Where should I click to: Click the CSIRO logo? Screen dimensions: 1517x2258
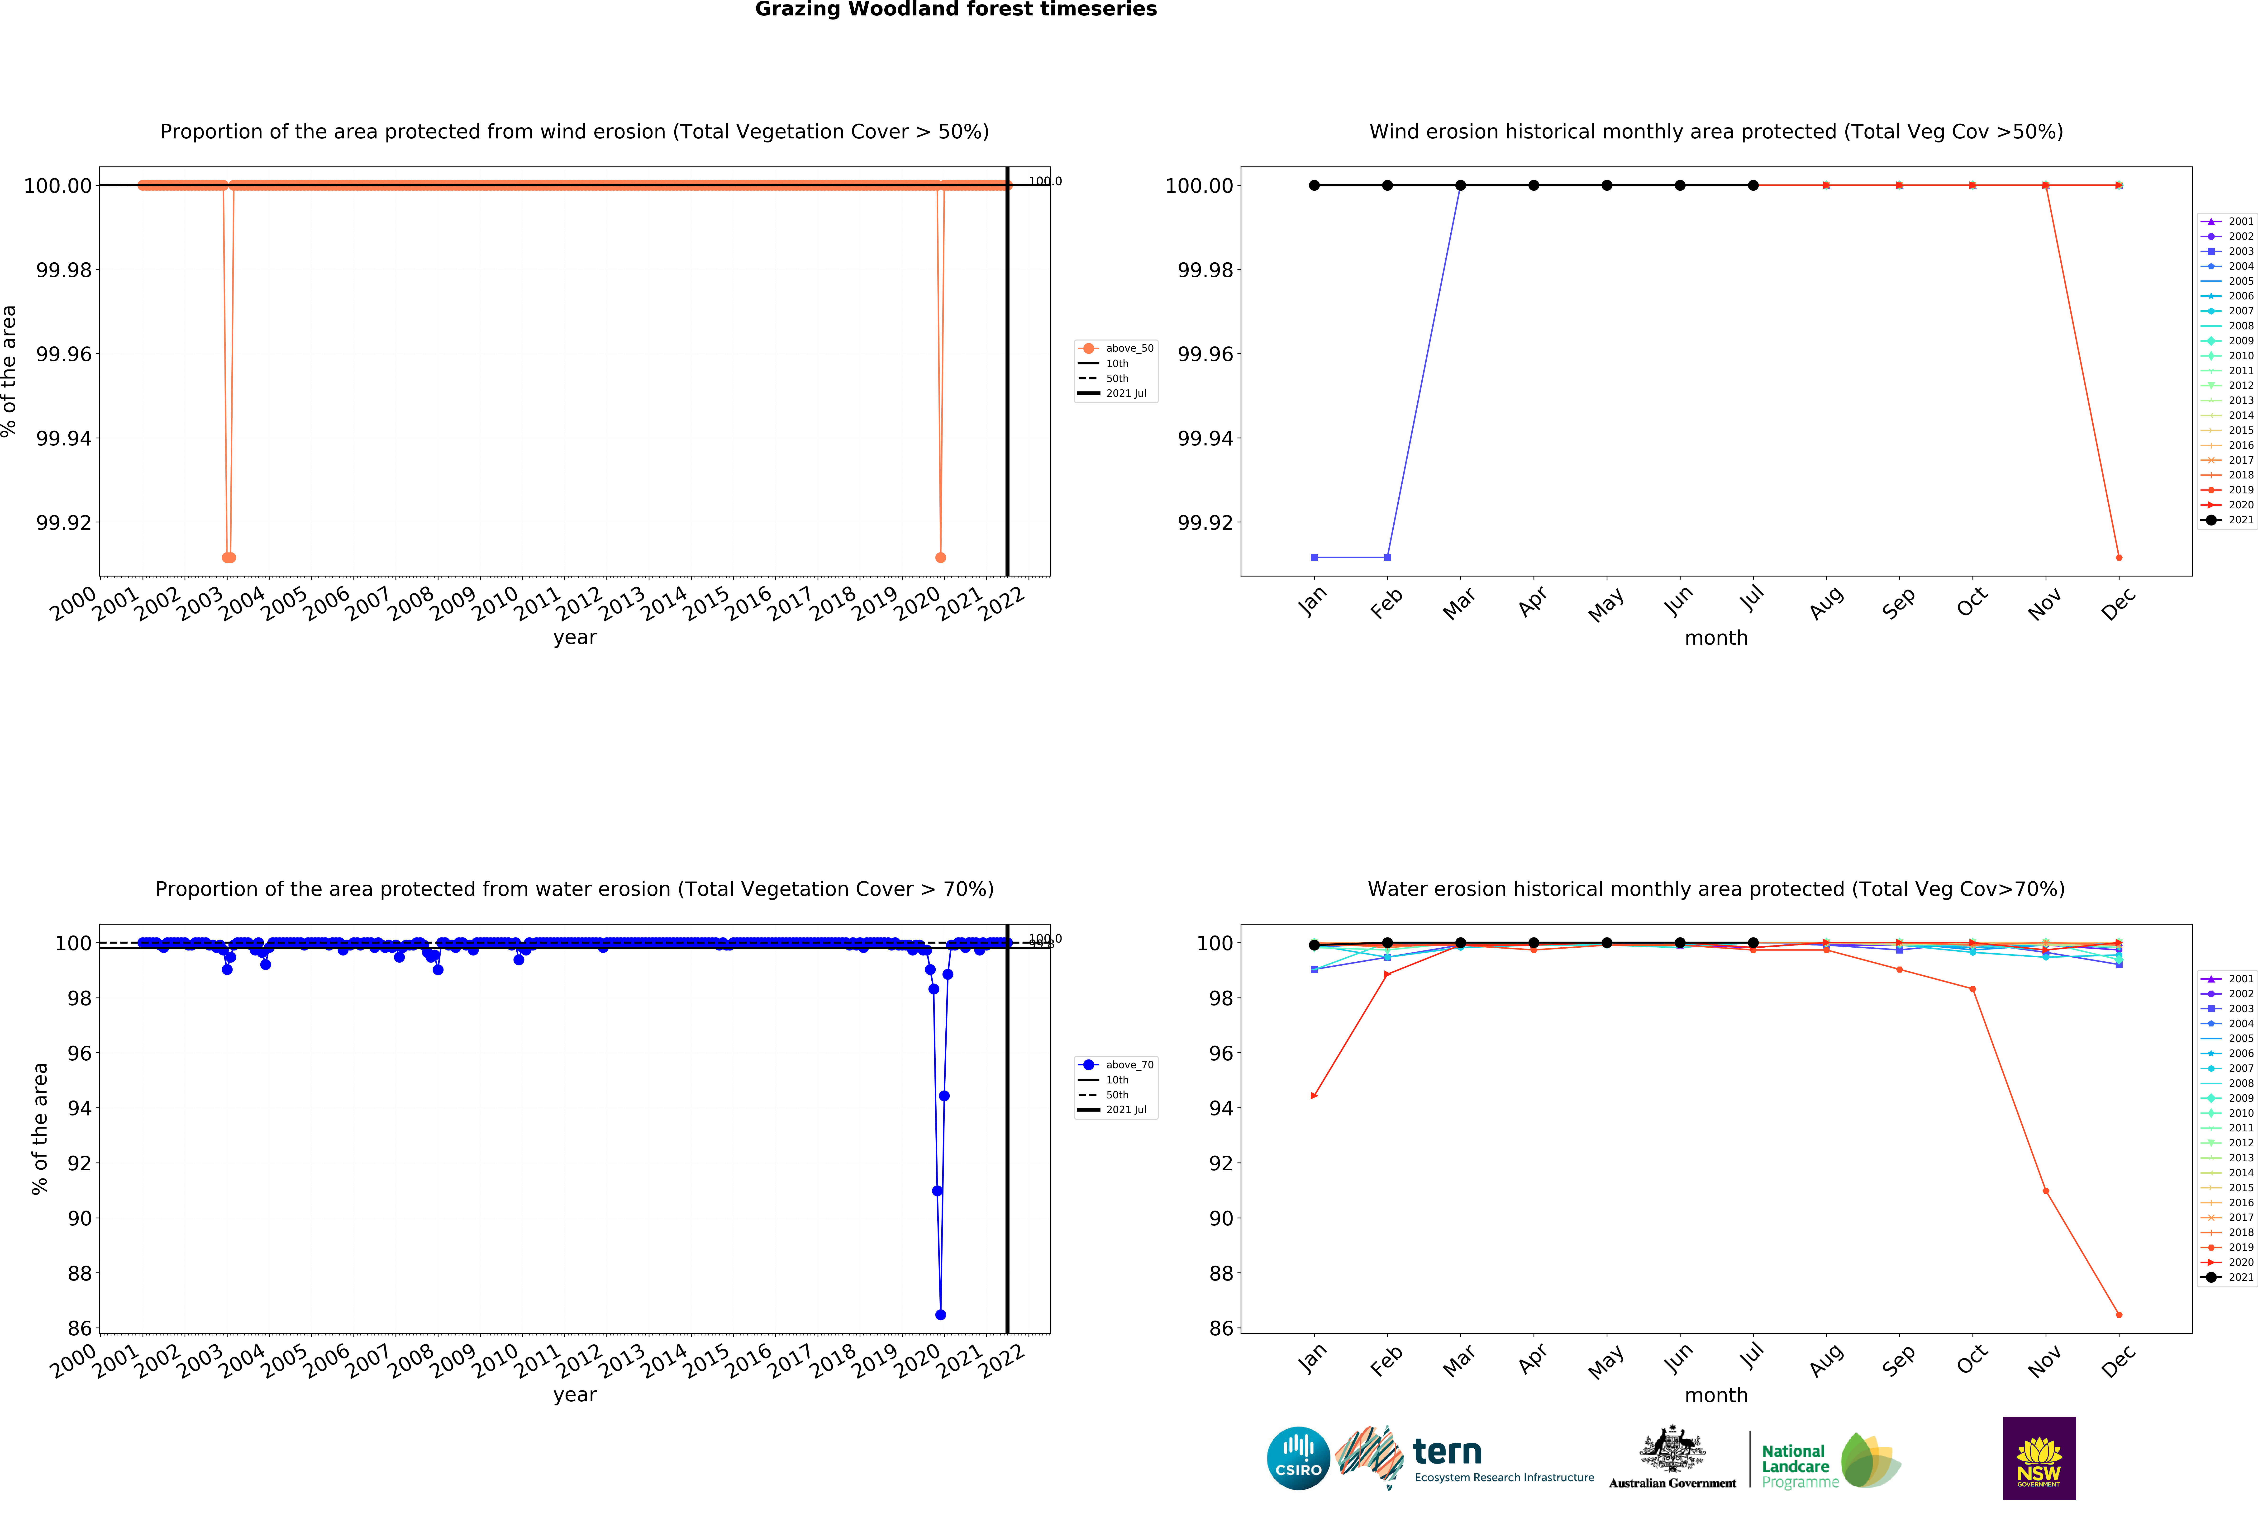coord(1298,1458)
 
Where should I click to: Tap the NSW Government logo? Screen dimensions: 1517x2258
coord(2038,1458)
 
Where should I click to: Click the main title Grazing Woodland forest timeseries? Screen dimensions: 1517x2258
coord(955,10)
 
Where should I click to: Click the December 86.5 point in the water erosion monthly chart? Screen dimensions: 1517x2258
coord(2119,1315)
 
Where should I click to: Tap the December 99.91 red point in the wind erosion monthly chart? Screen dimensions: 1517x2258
coord(2119,557)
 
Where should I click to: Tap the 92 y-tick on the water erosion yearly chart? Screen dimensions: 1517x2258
coord(79,1163)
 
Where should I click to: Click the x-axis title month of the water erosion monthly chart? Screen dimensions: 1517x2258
coord(1716,1395)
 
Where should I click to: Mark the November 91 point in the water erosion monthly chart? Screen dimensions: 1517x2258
coord(2045,1191)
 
